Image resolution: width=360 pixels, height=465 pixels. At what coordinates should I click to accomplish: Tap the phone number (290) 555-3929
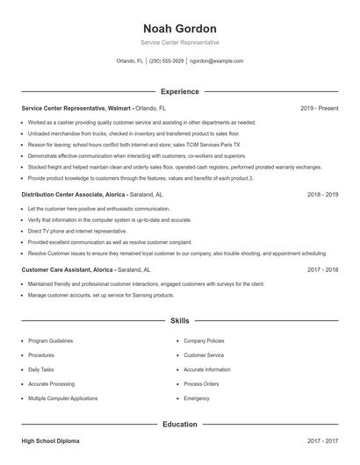point(167,61)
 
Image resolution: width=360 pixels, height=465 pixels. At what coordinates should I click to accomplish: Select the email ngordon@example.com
point(216,61)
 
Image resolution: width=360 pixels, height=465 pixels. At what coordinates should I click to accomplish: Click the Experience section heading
point(180,91)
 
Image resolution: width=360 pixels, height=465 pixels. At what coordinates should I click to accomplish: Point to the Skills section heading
point(180,322)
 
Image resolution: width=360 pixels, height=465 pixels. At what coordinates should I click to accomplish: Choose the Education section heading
point(180,424)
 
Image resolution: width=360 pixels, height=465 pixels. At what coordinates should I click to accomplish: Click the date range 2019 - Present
point(319,108)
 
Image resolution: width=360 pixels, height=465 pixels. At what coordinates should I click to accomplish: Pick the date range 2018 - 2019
point(322,194)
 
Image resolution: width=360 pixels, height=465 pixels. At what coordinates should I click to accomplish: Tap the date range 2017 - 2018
point(322,270)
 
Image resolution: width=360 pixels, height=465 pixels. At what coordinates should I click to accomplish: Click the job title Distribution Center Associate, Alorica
point(75,194)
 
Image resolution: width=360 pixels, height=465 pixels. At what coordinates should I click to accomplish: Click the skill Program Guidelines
point(51,340)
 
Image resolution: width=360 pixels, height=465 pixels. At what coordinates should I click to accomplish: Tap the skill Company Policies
point(204,340)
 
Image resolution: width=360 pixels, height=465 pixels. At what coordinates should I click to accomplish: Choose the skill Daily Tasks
point(41,369)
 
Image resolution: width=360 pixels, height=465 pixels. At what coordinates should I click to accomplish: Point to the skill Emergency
point(197,398)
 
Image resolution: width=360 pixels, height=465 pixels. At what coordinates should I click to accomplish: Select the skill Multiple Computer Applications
point(62,398)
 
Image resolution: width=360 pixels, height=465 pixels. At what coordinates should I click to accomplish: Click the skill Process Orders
point(201,384)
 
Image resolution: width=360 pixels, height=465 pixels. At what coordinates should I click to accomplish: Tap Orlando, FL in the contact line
point(130,61)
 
